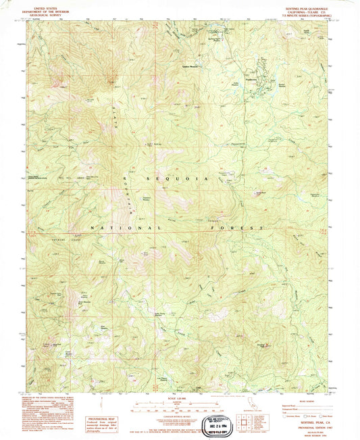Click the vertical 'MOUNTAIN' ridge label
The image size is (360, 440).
pos(128,193)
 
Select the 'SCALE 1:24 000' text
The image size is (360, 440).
pos(180,397)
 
